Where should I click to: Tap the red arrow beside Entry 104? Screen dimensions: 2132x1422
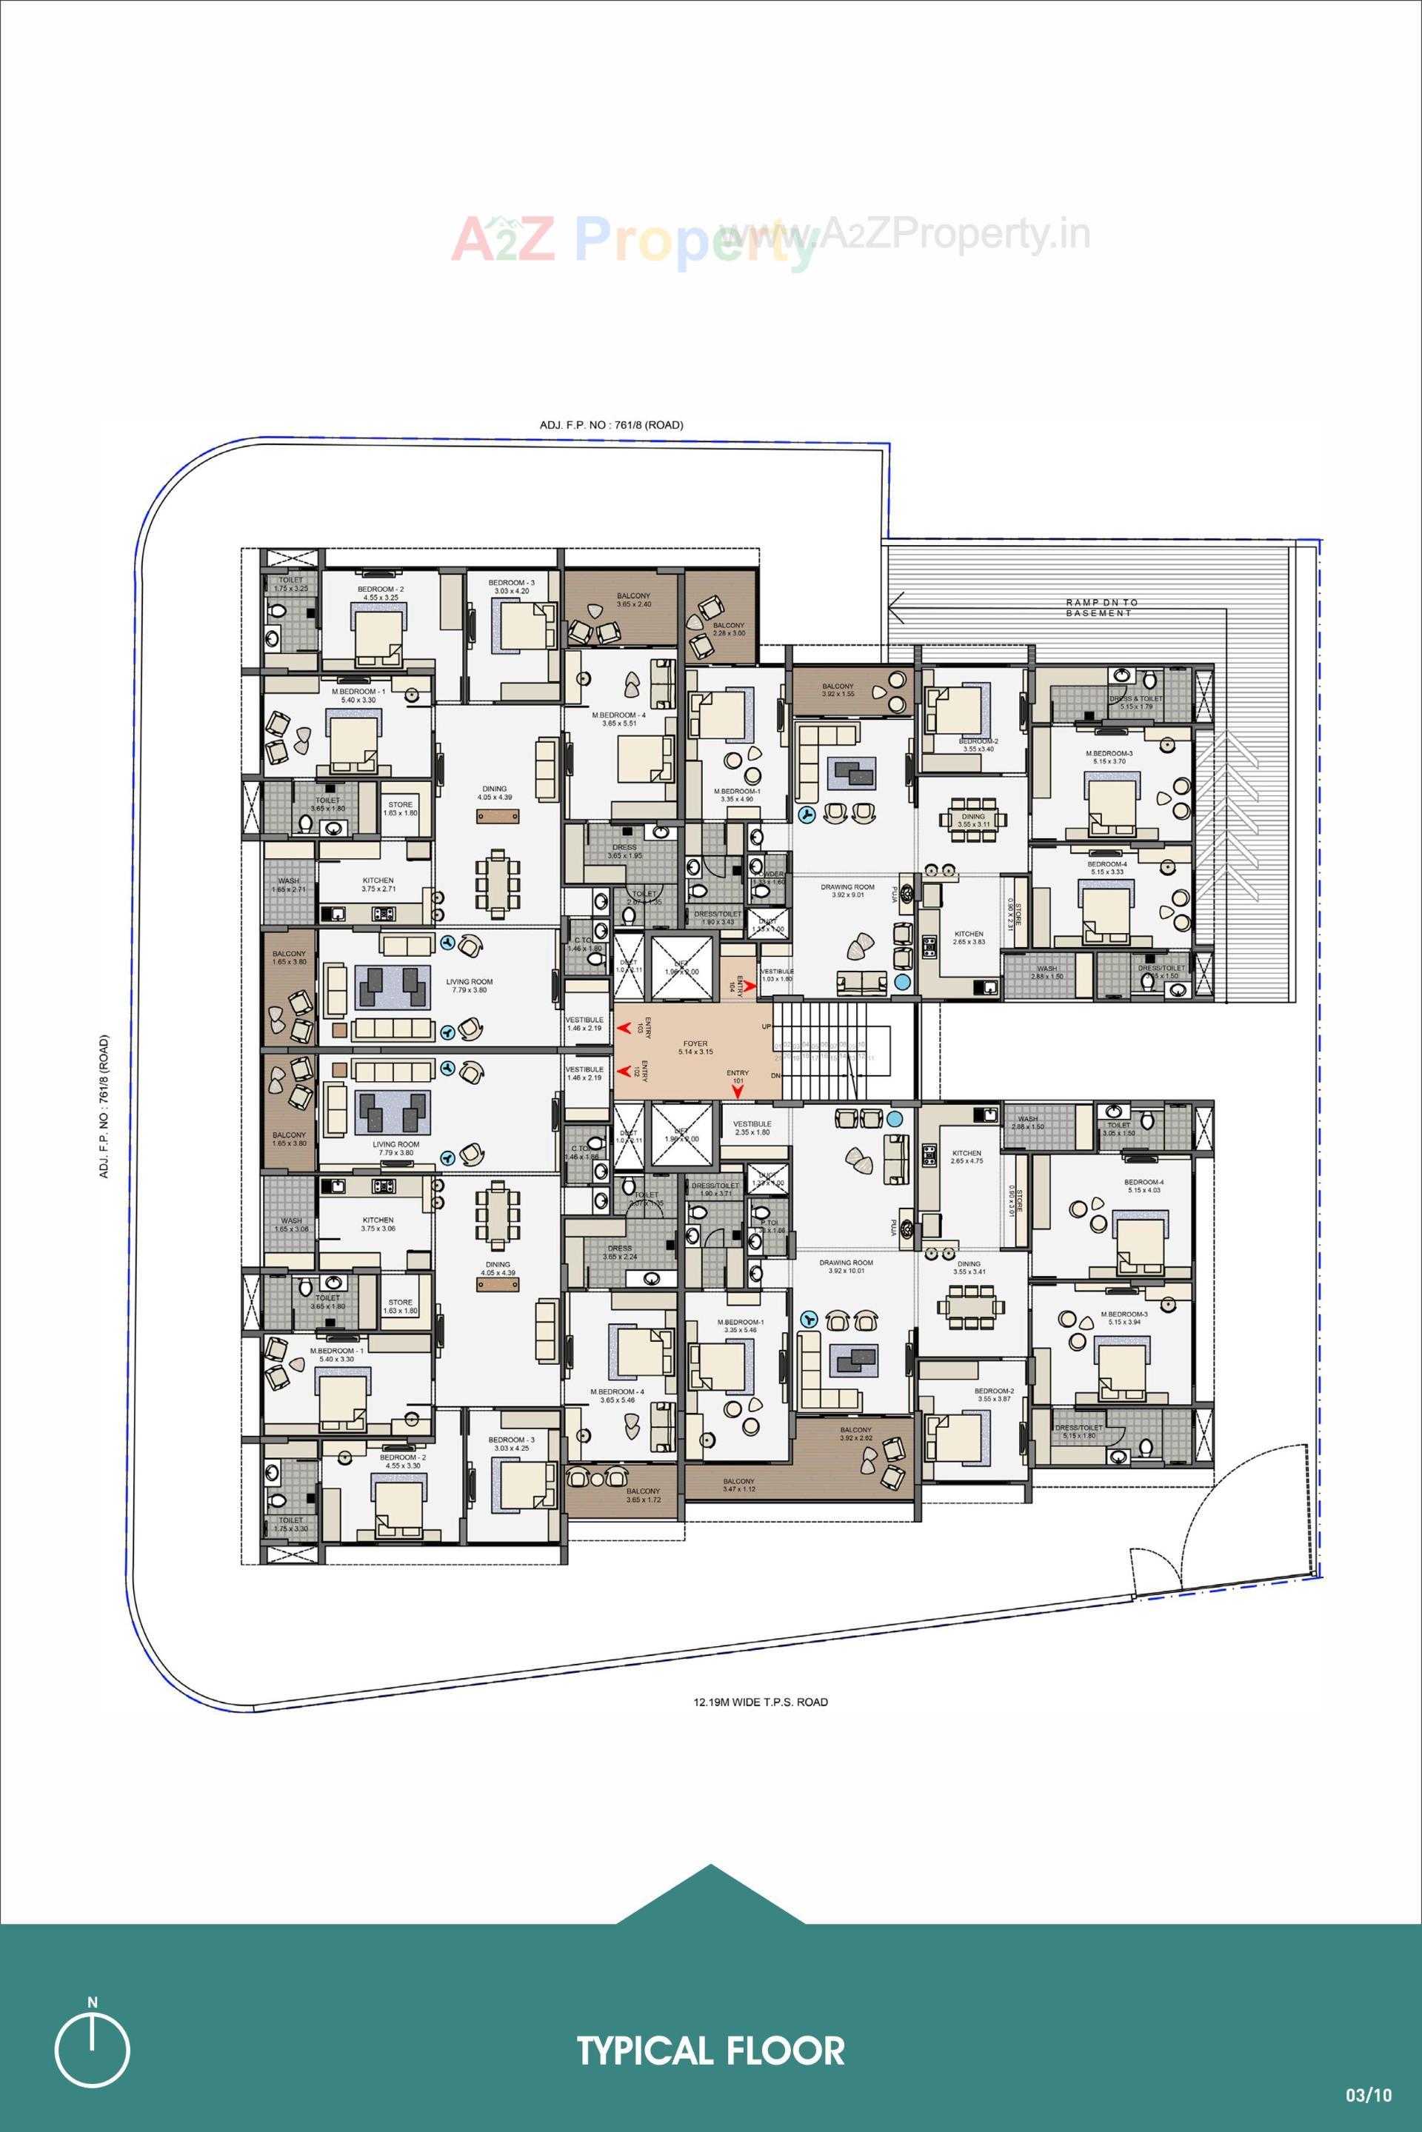pyautogui.click(x=750, y=984)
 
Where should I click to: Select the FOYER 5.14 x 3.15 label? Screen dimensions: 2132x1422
pyautogui.click(x=695, y=1047)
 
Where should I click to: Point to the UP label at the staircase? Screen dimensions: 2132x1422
pyautogui.click(x=767, y=1026)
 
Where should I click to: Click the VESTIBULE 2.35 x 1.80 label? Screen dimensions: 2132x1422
pyautogui.click(x=752, y=1127)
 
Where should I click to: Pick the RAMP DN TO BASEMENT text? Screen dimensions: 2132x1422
pyautogui.click(x=1101, y=607)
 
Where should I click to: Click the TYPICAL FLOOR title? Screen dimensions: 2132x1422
pyautogui.click(x=710, y=2051)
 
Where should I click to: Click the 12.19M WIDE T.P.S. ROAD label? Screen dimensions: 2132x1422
pyautogui.click(x=760, y=1702)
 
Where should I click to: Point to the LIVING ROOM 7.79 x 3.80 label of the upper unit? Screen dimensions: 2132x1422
pyautogui.click(x=469, y=986)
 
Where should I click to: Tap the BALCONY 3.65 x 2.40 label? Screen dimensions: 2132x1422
pyautogui.click(x=633, y=599)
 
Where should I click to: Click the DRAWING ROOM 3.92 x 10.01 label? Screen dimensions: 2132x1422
pyautogui.click(x=846, y=1266)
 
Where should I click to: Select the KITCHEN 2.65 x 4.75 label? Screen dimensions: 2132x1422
pyautogui.click(x=967, y=1156)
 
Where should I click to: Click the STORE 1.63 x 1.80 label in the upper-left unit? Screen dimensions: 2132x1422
pyautogui.click(x=400, y=808)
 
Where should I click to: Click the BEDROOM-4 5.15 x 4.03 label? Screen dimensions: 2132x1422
pyautogui.click(x=1143, y=1186)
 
